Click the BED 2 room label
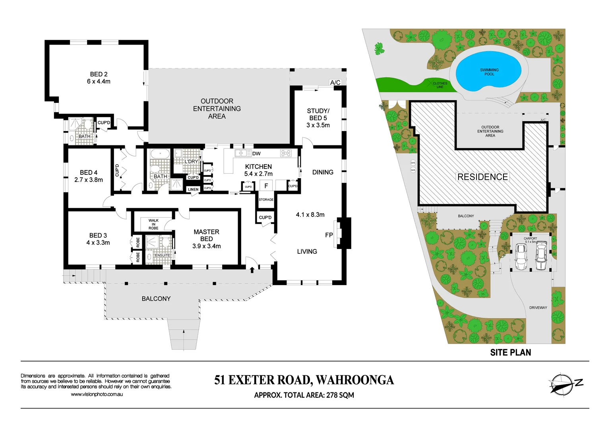pyautogui.click(x=99, y=78)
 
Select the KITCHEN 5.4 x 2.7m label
pyautogui.click(x=258, y=170)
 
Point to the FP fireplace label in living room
pyautogui.click(x=329, y=235)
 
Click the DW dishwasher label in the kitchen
pyautogui.click(x=256, y=154)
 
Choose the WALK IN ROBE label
pyautogui.click(x=153, y=224)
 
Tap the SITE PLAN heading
pyautogui.click(x=510, y=352)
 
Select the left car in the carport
pyautogui.click(x=520, y=256)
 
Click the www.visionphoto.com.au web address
pyautogui.click(x=97, y=394)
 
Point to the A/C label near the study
pyautogui.click(x=335, y=83)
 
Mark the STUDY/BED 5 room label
pyautogui.click(x=318, y=118)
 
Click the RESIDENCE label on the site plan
pyautogui.click(x=482, y=177)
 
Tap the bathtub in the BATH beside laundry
pyautogui.click(x=159, y=153)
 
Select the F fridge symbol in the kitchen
pyautogui.click(x=266, y=186)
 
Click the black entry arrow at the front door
pyautogui.click(x=252, y=270)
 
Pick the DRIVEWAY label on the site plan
pyautogui.click(x=538, y=308)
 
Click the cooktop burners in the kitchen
pyautogui.click(x=285, y=153)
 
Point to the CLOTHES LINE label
pyautogui.click(x=440, y=85)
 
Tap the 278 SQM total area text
pyautogui.click(x=340, y=395)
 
